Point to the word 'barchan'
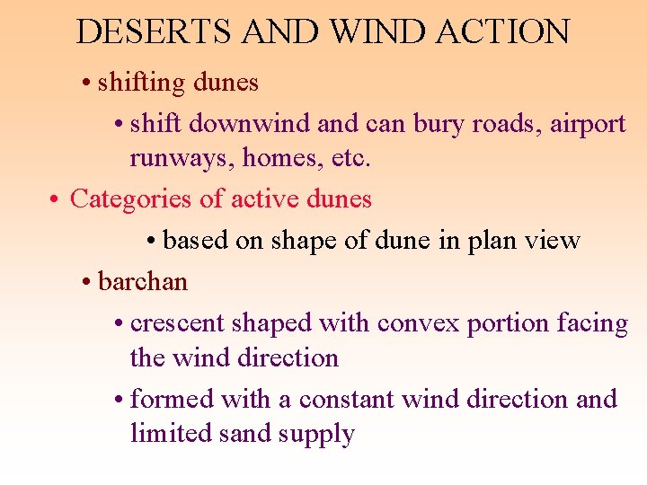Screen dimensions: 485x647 [143, 282]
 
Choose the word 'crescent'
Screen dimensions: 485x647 [178, 322]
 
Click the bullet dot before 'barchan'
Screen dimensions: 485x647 [85, 283]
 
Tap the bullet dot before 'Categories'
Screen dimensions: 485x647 [55, 199]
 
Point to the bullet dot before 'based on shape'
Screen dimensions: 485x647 [151, 242]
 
